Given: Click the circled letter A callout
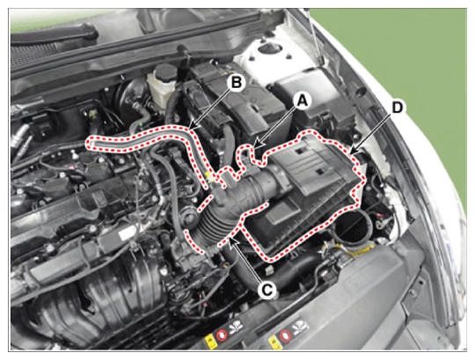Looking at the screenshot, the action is pyautogui.click(x=302, y=100).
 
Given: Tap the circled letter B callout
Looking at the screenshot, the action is pyautogui.click(x=237, y=82).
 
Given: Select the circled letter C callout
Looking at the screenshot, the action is pyautogui.click(x=267, y=290).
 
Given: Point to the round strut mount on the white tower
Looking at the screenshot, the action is pyautogui.click(x=268, y=48).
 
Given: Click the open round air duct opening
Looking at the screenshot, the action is pyautogui.click(x=352, y=228).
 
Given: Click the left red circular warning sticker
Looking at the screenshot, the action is pyautogui.click(x=221, y=334).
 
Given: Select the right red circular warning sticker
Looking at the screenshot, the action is pyautogui.click(x=285, y=335).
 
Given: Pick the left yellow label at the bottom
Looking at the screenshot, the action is pyautogui.click(x=209, y=341).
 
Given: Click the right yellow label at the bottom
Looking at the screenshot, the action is pyautogui.click(x=274, y=342).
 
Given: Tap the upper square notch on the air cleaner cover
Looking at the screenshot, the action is pyautogui.click(x=301, y=151).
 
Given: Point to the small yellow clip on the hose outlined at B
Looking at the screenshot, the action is pyautogui.click(x=208, y=175).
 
